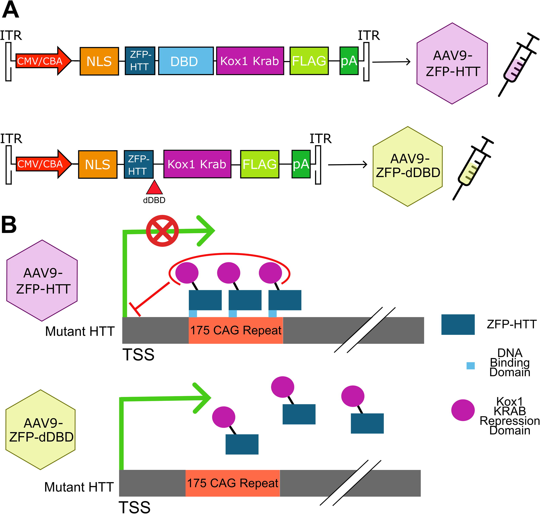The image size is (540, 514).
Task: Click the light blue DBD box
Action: pos(186,61)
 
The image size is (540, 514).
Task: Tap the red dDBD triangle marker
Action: pos(154,187)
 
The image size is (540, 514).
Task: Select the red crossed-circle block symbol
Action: pos(162,231)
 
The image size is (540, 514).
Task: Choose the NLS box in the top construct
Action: pos(99,61)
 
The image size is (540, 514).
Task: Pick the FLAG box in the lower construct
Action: pos(260,164)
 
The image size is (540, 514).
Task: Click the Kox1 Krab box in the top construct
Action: pos(250,61)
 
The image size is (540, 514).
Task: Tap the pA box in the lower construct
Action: pos(301,164)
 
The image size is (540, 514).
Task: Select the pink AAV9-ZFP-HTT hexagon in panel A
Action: pos(452,63)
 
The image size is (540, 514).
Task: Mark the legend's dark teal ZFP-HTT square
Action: pos(458,324)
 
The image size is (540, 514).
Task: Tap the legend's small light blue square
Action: pos(470,365)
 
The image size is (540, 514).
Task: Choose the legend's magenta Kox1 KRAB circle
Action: pos(463,410)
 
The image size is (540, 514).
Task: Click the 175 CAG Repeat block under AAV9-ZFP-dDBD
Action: pos(233,483)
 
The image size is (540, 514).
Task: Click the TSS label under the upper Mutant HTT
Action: pos(138,355)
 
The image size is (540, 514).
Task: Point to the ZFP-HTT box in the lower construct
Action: pos(139,164)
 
